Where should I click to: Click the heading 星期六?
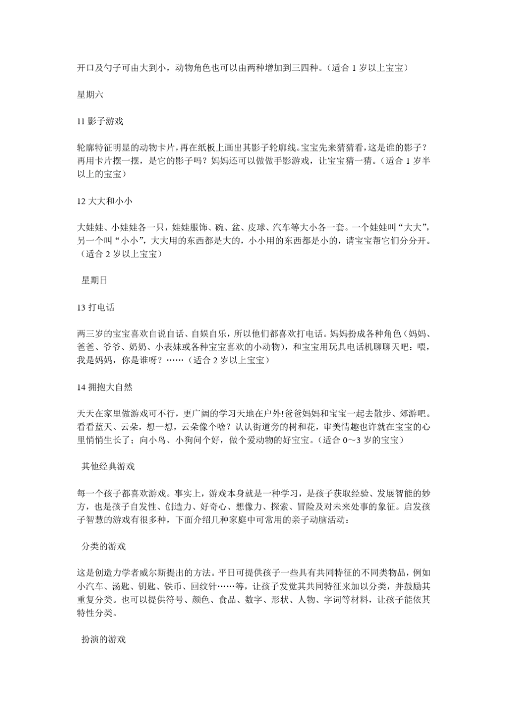90,95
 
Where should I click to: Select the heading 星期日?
94,281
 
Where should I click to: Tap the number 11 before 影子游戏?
81,122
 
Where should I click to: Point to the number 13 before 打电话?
81,307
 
